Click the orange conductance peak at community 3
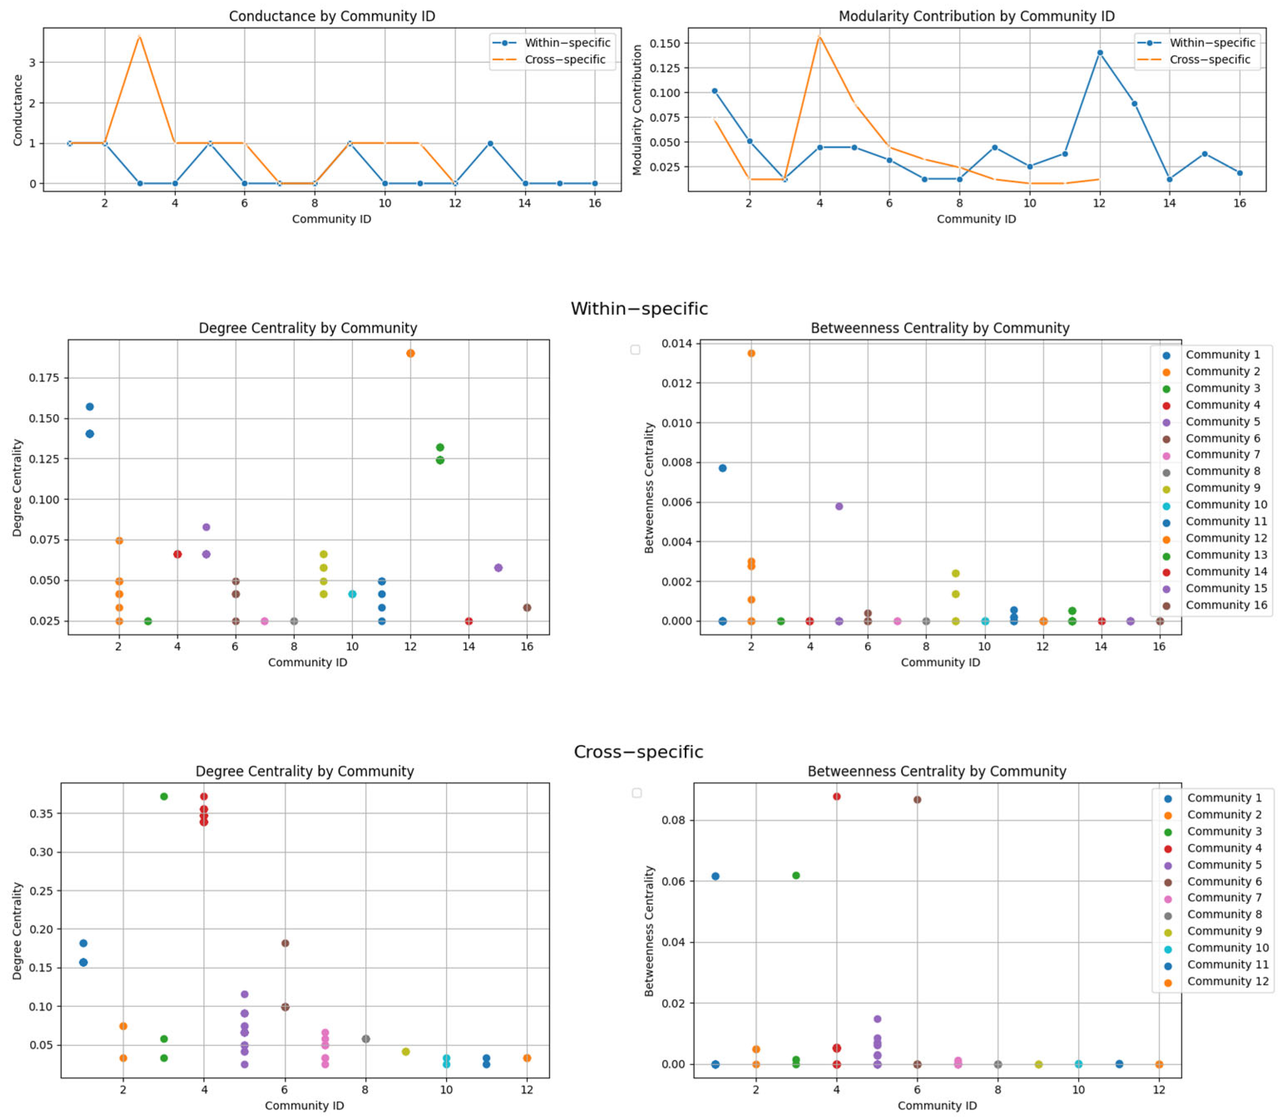pos(140,36)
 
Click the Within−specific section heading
pos(639,309)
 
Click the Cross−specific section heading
pos(639,752)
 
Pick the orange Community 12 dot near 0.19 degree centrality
pos(410,353)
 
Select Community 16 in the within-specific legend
pos(1226,605)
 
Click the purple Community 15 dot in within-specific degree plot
pos(498,568)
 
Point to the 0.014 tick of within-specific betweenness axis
pos(677,344)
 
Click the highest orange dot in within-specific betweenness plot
pos(751,353)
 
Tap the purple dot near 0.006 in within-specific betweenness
pos(839,506)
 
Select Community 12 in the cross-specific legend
pos(1227,981)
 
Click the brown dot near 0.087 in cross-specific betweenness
pos(917,799)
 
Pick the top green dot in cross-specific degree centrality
pos(163,796)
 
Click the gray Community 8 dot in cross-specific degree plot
pos(366,1039)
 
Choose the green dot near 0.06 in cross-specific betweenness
pos(796,875)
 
